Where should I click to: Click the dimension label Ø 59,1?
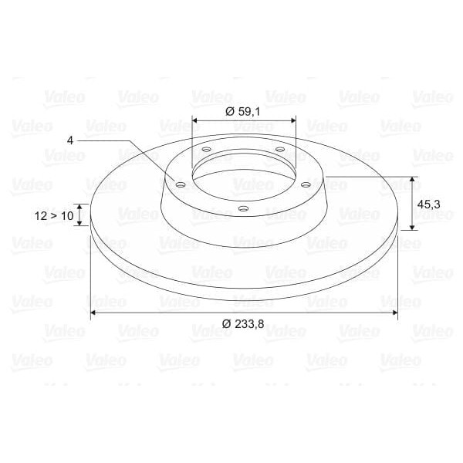[243, 112]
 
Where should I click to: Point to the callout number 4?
[70, 140]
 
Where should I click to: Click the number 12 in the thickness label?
[41, 216]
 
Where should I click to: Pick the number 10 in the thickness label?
[67, 216]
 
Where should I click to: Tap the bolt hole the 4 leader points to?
[180, 185]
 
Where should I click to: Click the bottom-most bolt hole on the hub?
[242, 209]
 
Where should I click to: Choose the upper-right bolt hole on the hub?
[279, 150]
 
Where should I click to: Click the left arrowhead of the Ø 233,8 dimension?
[94, 313]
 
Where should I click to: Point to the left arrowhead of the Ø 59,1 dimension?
[194, 121]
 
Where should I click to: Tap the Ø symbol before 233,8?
[227, 325]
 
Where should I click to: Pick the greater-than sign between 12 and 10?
[54, 216]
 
